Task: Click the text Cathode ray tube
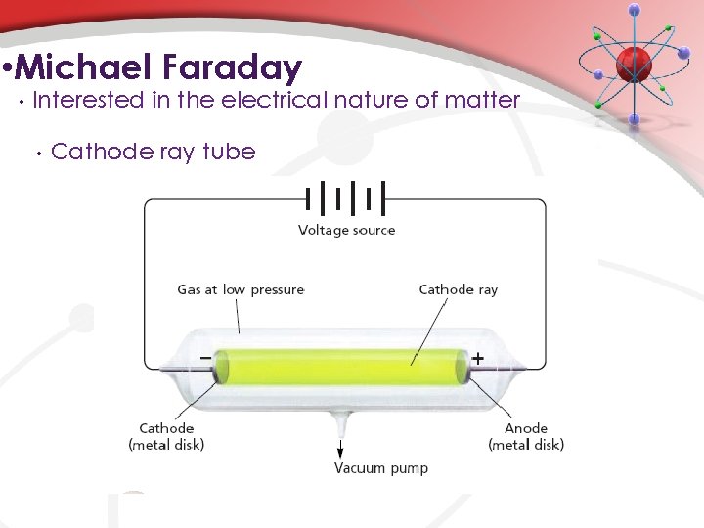[x=153, y=152]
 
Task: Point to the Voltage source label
[x=346, y=231]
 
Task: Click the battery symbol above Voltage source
[x=346, y=198]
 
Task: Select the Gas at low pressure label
[x=241, y=289]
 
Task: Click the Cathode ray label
[x=458, y=289]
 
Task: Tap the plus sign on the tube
[x=477, y=359]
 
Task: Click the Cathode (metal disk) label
[x=166, y=436]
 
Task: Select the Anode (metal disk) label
[x=526, y=436]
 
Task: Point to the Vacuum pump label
[x=381, y=468]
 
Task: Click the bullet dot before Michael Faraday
[x=8, y=70]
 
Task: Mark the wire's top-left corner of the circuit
[x=146, y=201]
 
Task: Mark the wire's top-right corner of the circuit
[x=545, y=201]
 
